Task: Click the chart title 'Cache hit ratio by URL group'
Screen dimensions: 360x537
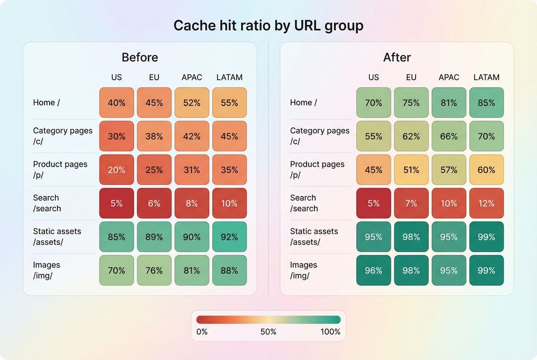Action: (x=268, y=25)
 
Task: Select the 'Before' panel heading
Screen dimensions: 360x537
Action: (x=140, y=57)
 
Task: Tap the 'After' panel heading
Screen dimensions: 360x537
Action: (x=397, y=57)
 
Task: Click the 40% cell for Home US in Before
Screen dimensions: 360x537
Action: (x=117, y=103)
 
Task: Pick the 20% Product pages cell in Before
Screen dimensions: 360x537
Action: (x=117, y=170)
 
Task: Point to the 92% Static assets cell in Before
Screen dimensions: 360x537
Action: (x=229, y=237)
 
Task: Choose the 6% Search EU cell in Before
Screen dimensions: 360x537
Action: (x=154, y=203)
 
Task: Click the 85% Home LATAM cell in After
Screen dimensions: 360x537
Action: (x=486, y=103)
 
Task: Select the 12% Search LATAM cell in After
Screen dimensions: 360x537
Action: (x=486, y=203)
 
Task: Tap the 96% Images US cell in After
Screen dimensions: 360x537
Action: (x=373, y=270)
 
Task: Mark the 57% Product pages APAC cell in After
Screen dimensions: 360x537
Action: (x=449, y=170)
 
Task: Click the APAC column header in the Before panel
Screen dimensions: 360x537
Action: (x=192, y=77)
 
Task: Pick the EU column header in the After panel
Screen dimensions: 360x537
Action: (x=411, y=77)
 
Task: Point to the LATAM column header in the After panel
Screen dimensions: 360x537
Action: (x=486, y=77)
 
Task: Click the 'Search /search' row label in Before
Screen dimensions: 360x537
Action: (x=47, y=203)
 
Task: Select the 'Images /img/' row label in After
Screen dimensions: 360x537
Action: (x=303, y=270)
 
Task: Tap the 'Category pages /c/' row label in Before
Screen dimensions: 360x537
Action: (x=62, y=136)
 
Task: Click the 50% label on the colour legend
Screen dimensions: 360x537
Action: (x=268, y=332)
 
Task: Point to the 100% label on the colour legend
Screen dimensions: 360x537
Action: (x=330, y=332)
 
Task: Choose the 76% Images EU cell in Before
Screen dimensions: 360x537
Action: (x=154, y=270)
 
